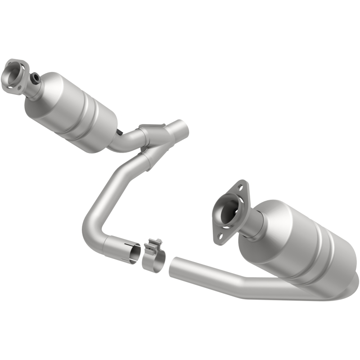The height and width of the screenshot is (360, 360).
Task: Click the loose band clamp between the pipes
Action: pos(153,260)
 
